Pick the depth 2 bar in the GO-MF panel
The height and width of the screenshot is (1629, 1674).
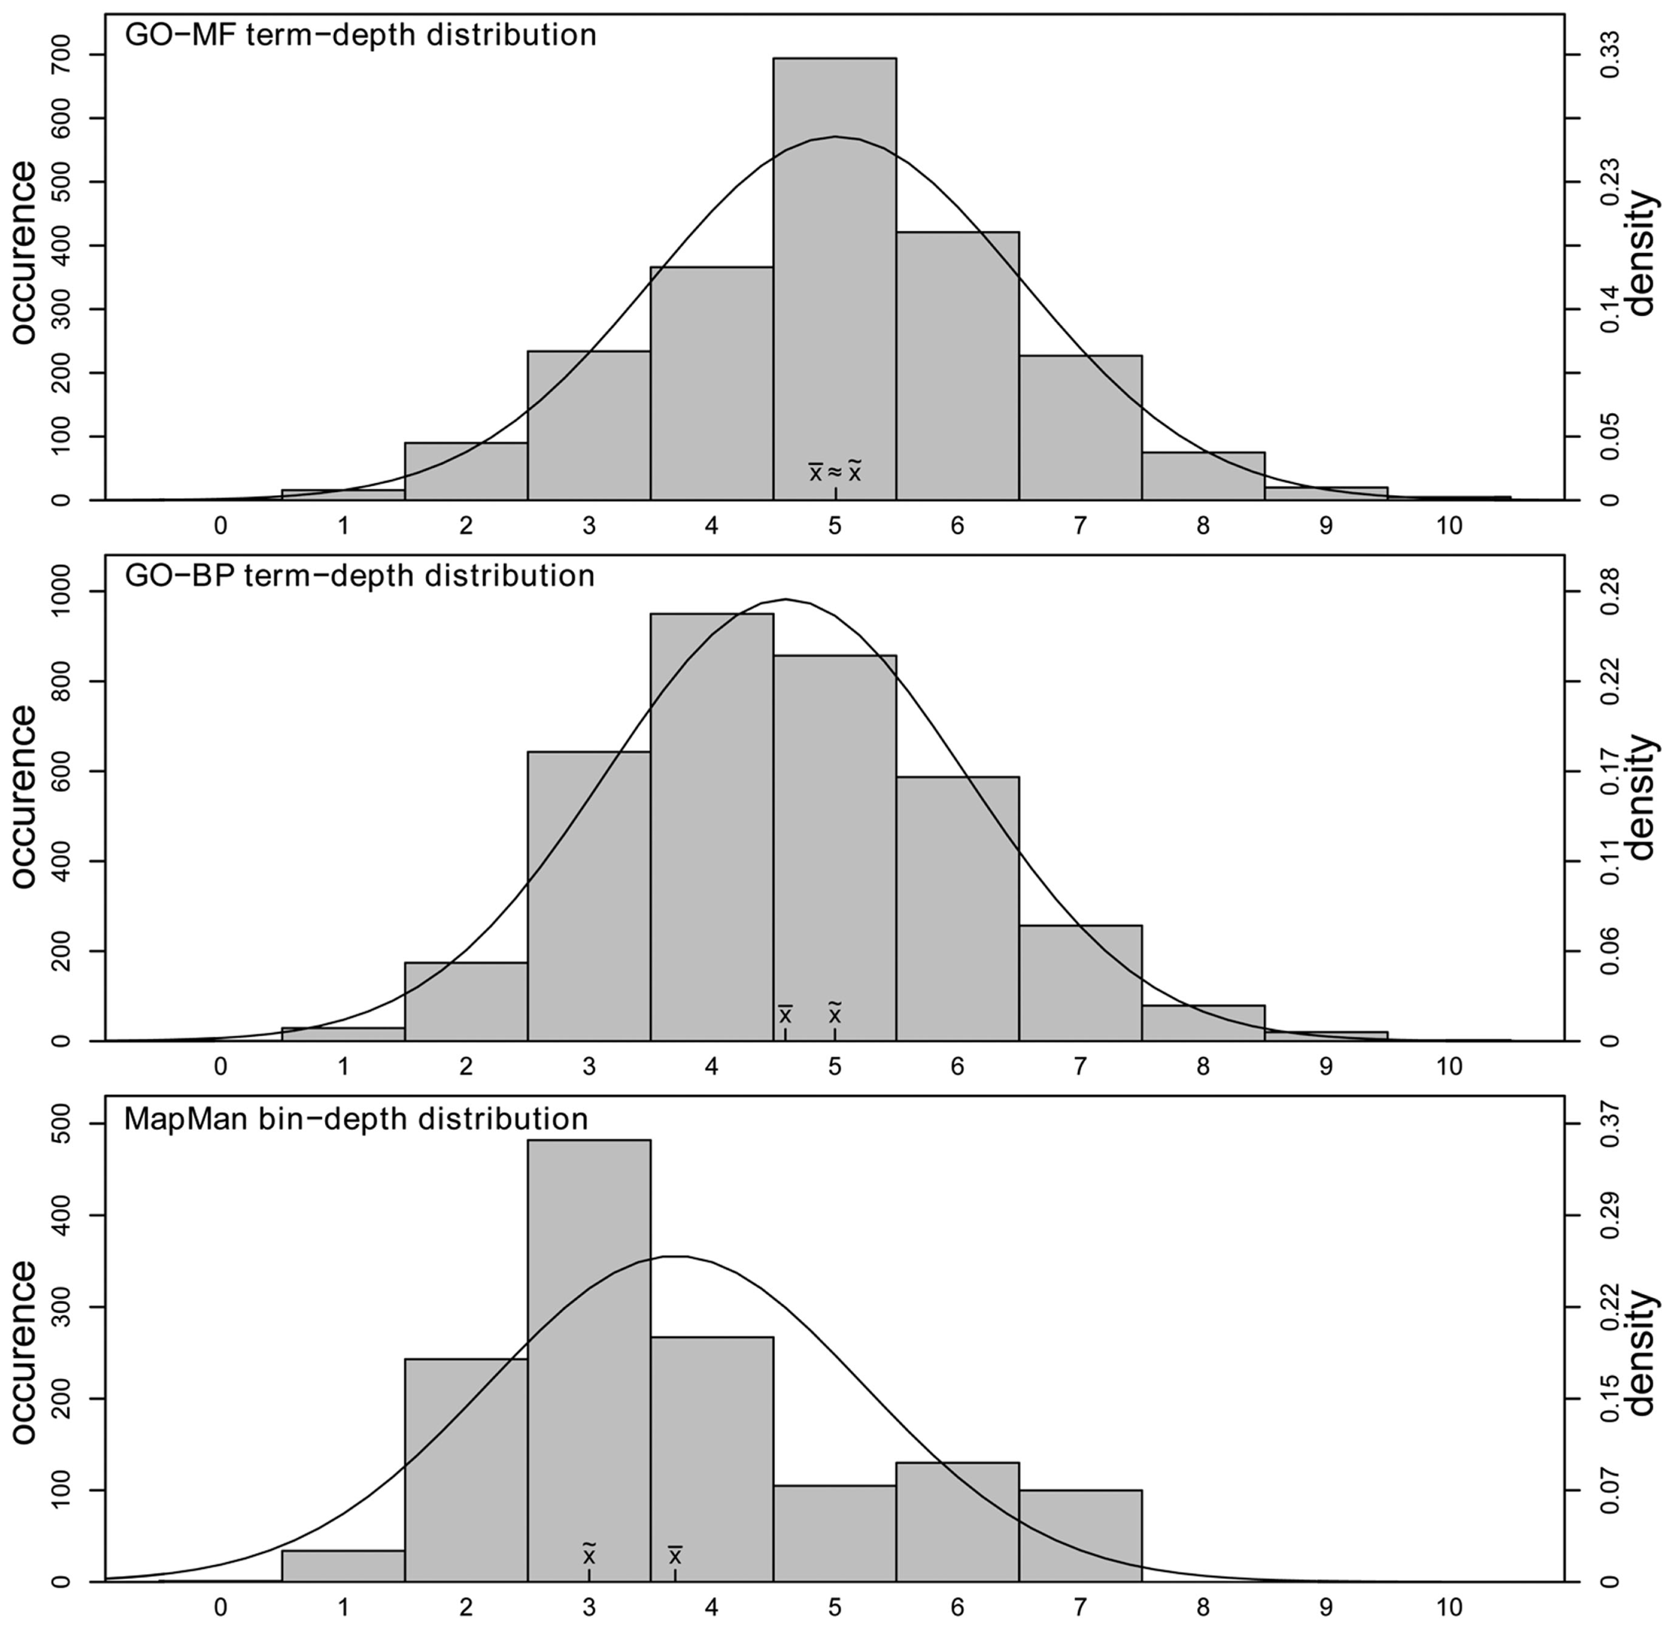(x=465, y=472)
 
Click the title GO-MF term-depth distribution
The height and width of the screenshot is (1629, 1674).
(x=360, y=35)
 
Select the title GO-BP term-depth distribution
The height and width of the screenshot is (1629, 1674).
(x=359, y=576)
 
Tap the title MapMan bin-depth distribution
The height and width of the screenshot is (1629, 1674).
(x=356, y=1119)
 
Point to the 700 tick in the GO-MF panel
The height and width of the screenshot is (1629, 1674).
(x=60, y=54)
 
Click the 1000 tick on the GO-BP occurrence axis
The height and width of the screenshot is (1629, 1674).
(x=60, y=591)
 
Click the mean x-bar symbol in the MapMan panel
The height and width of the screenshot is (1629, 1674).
(x=675, y=1555)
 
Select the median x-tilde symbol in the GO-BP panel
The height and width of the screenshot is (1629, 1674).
(x=835, y=1013)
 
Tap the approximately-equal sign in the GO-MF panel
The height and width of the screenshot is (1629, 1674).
(x=835, y=472)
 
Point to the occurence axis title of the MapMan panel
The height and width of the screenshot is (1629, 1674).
(x=24, y=1352)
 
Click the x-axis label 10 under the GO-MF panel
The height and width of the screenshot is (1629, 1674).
(x=1449, y=526)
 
